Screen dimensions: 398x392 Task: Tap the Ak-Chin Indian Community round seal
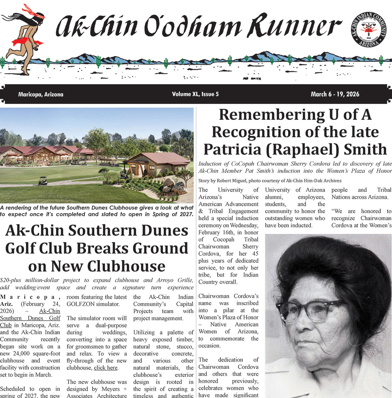coord(369,29)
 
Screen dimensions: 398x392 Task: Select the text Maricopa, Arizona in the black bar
coord(41,94)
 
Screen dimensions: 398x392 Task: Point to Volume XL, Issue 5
coord(195,94)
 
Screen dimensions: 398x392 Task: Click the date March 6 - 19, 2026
coord(335,94)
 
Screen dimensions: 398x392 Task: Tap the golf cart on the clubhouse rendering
coord(43,181)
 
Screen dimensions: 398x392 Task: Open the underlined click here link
coord(106,368)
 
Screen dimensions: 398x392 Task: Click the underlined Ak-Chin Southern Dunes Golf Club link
coord(30,318)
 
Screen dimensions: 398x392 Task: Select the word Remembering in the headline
coord(267,115)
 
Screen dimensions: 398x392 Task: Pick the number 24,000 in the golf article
coord(48,354)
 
